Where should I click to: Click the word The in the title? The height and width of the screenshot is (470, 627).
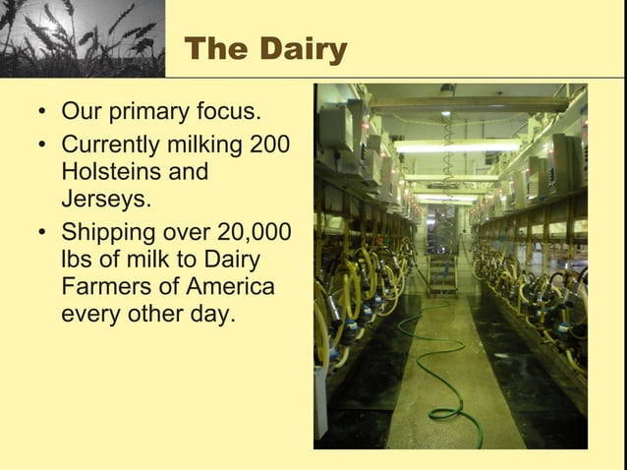point(218,49)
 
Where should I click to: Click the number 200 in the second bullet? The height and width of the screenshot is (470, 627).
point(270,145)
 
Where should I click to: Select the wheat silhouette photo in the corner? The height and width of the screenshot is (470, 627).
point(82,38)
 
